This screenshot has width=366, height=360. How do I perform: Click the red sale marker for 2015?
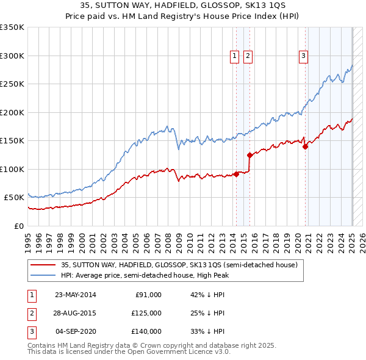(x=249, y=155)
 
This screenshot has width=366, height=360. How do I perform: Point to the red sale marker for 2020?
(x=305, y=146)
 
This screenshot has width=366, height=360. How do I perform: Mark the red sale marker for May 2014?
(x=236, y=175)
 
